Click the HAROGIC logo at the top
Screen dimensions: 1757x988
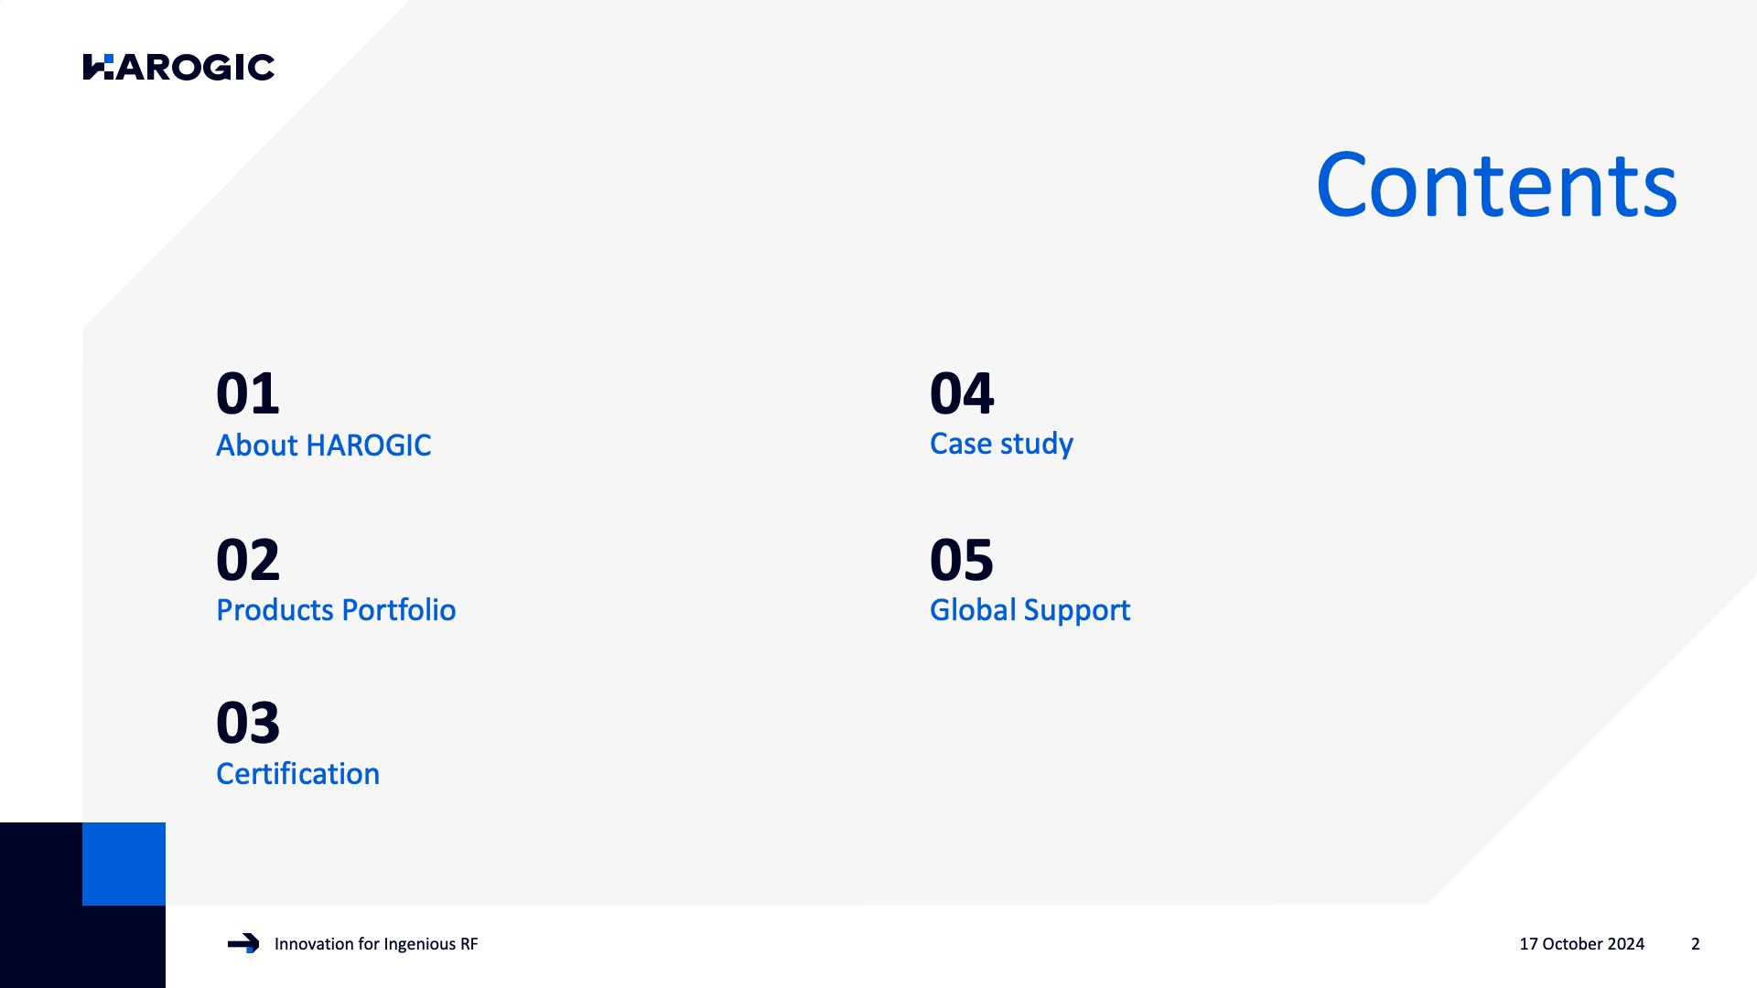point(178,67)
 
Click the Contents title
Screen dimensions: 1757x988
point(1496,186)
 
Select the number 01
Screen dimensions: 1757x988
point(248,393)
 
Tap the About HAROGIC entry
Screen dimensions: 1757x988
point(323,446)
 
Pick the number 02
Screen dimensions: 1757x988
point(248,560)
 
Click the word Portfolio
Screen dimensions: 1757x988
point(400,610)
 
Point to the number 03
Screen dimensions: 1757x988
point(248,723)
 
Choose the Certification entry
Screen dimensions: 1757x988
point(297,774)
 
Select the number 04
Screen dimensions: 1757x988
point(962,393)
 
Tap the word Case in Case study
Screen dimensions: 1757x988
point(961,444)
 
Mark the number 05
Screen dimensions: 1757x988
point(962,560)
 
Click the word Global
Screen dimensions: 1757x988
point(973,610)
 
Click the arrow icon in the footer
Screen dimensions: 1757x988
point(243,943)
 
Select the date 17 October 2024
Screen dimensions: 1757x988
point(1581,944)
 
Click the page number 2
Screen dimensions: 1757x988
point(1696,944)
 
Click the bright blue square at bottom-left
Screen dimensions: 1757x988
point(124,864)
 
